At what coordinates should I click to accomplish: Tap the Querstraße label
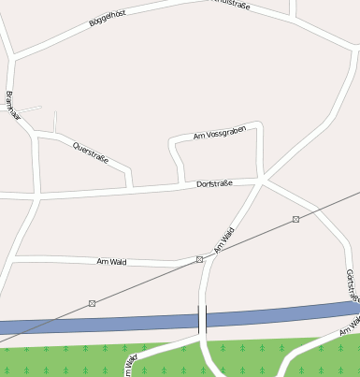91,152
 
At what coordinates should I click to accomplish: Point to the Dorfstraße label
214,184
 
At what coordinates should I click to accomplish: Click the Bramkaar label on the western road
12,108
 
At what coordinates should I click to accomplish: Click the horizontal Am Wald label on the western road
111,261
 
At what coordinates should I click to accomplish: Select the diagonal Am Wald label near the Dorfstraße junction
223,239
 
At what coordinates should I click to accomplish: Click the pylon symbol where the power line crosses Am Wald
199,259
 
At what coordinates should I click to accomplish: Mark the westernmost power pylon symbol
92,303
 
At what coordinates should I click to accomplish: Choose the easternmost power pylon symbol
295,219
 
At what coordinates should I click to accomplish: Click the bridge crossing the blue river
203,319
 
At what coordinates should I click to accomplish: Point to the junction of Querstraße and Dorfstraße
131,189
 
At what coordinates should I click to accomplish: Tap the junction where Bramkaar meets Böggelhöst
14,59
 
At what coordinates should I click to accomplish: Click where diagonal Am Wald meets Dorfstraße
264,180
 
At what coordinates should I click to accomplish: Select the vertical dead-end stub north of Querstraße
55,122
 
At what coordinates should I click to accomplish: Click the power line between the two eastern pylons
248,239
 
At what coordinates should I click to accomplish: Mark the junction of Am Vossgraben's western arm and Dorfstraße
179,185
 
